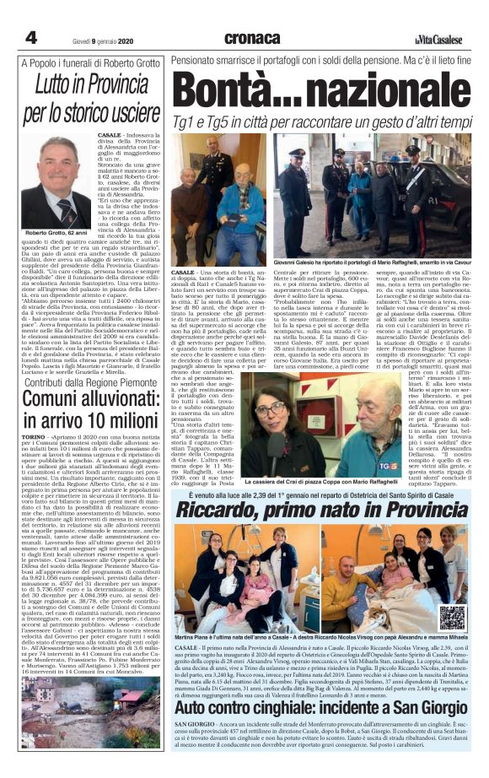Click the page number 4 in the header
click(x=30, y=38)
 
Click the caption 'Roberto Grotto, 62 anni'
click(x=57, y=256)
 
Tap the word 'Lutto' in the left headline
click(x=56, y=85)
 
